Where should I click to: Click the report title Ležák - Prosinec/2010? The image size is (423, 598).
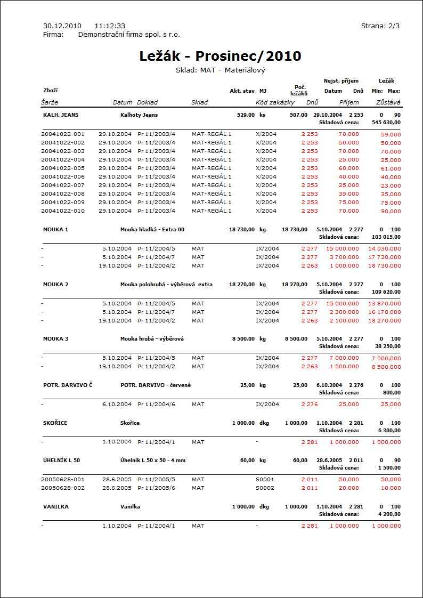point(220,56)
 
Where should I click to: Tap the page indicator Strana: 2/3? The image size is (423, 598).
point(380,26)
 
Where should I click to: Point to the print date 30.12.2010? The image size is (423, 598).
point(62,26)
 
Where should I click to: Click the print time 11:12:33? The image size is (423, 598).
point(110,26)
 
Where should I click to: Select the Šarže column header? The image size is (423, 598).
point(50,102)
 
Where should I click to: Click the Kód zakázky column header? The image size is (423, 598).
point(275,102)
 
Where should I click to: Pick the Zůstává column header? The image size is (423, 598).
point(388,102)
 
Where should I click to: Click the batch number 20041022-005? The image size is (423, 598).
point(63,168)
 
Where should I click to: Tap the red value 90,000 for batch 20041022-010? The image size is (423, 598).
point(391,211)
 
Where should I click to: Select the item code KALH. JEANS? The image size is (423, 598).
point(61,115)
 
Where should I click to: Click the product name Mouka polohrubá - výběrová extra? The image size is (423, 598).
point(166,284)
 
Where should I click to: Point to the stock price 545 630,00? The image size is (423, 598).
point(386,122)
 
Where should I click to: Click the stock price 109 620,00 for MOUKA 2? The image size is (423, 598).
point(386,292)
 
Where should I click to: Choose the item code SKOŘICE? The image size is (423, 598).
point(55,423)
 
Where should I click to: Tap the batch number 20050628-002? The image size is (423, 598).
point(63,488)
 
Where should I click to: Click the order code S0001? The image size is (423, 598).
point(265,479)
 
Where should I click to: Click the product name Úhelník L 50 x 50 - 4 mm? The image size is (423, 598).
point(153,460)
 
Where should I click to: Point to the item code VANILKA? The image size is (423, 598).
point(56,506)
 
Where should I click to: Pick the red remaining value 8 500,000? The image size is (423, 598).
point(387,367)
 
